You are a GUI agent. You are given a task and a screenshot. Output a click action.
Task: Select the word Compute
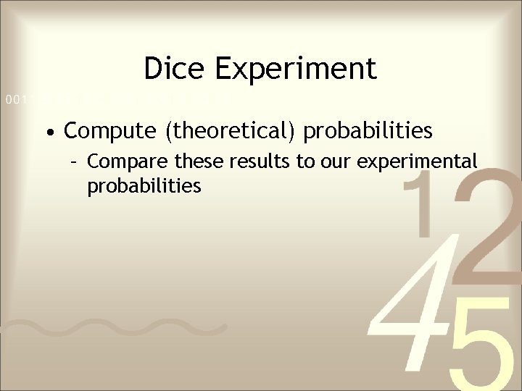point(109,131)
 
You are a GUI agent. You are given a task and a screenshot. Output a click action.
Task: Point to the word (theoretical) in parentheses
point(226,132)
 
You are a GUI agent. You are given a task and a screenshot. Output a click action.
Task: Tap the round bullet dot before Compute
point(48,133)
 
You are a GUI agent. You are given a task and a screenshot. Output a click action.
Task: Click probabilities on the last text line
point(144,187)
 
